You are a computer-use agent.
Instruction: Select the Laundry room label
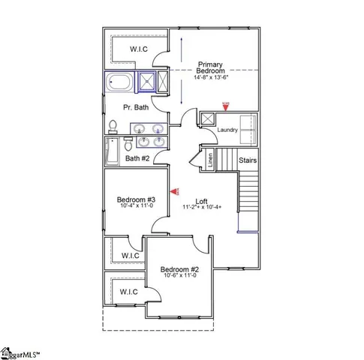pos(227,130)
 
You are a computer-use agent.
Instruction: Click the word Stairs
pos(248,160)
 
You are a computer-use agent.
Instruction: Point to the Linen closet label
pos(210,158)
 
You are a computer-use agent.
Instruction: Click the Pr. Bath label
pos(136,107)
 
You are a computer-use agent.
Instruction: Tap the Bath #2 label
pos(137,157)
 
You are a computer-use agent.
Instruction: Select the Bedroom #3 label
pos(136,199)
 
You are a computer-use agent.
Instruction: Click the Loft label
pos(201,200)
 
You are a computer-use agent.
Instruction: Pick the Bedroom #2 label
pos(179,269)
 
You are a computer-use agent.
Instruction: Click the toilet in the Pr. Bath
pos(113,125)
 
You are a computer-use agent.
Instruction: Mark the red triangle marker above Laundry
pos(224,107)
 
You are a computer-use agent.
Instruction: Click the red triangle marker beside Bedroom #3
pos(176,192)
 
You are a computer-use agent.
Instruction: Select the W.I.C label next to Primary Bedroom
pos(138,49)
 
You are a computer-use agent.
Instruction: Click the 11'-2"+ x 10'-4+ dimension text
pos(201,208)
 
